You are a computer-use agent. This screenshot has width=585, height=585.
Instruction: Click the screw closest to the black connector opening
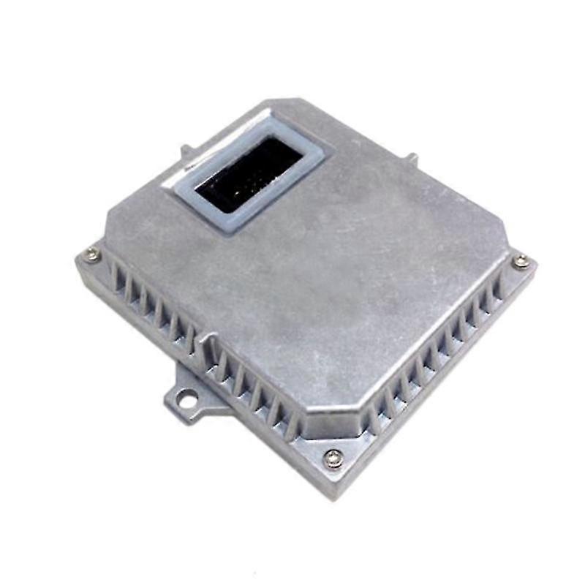[x=92, y=254]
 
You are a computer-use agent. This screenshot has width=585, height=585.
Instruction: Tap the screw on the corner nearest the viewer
[x=333, y=458]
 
